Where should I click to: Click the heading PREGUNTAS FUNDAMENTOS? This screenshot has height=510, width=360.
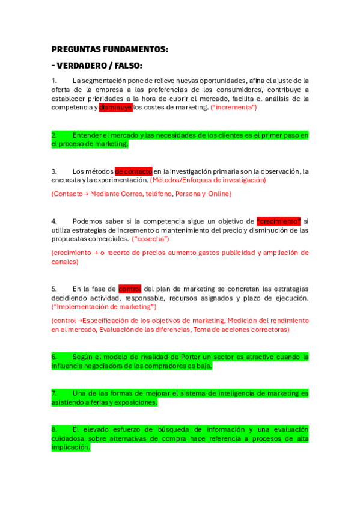110,49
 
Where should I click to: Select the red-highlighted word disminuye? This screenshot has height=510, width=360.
115,108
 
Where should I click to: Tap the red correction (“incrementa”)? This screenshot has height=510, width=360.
234,108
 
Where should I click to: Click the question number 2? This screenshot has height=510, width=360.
54,135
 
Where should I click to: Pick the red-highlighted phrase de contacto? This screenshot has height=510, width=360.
133,171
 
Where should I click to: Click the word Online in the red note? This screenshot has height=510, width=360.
219,194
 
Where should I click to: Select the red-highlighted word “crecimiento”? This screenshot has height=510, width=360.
278,221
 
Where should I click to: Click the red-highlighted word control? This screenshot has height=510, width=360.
130,289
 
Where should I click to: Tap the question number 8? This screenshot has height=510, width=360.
54,429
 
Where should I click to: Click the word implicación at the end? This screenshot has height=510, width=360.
70,447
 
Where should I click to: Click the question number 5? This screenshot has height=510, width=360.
54,289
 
